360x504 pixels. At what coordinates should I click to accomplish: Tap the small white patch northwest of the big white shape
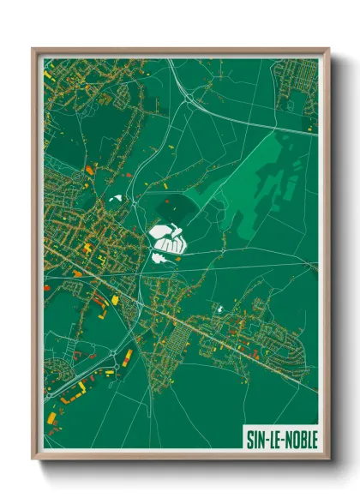tap(115, 200)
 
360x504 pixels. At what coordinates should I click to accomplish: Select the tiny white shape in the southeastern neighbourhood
tap(221, 309)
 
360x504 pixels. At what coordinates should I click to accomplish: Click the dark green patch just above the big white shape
tap(168, 208)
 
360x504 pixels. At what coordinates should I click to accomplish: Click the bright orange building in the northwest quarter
tap(88, 171)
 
